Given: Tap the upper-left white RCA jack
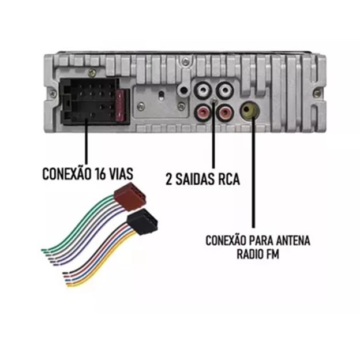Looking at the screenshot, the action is [x=202, y=90].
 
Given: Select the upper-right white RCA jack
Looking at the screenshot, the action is [x=224, y=90].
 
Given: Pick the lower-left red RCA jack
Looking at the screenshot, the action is [x=202, y=112].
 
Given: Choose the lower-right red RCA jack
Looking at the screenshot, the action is [x=224, y=112].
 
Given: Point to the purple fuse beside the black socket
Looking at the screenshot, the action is [x=121, y=106].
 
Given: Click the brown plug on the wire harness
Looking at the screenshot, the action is [x=130, y=199].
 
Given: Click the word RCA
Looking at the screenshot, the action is [x=228, y=179].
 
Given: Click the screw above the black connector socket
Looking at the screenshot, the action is [x=92, y=73].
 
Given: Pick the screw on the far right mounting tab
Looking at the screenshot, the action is [x=317, y=93].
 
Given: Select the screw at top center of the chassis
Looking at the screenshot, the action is [x=185, y=61].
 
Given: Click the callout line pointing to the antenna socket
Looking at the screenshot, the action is [x=253, y=172].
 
